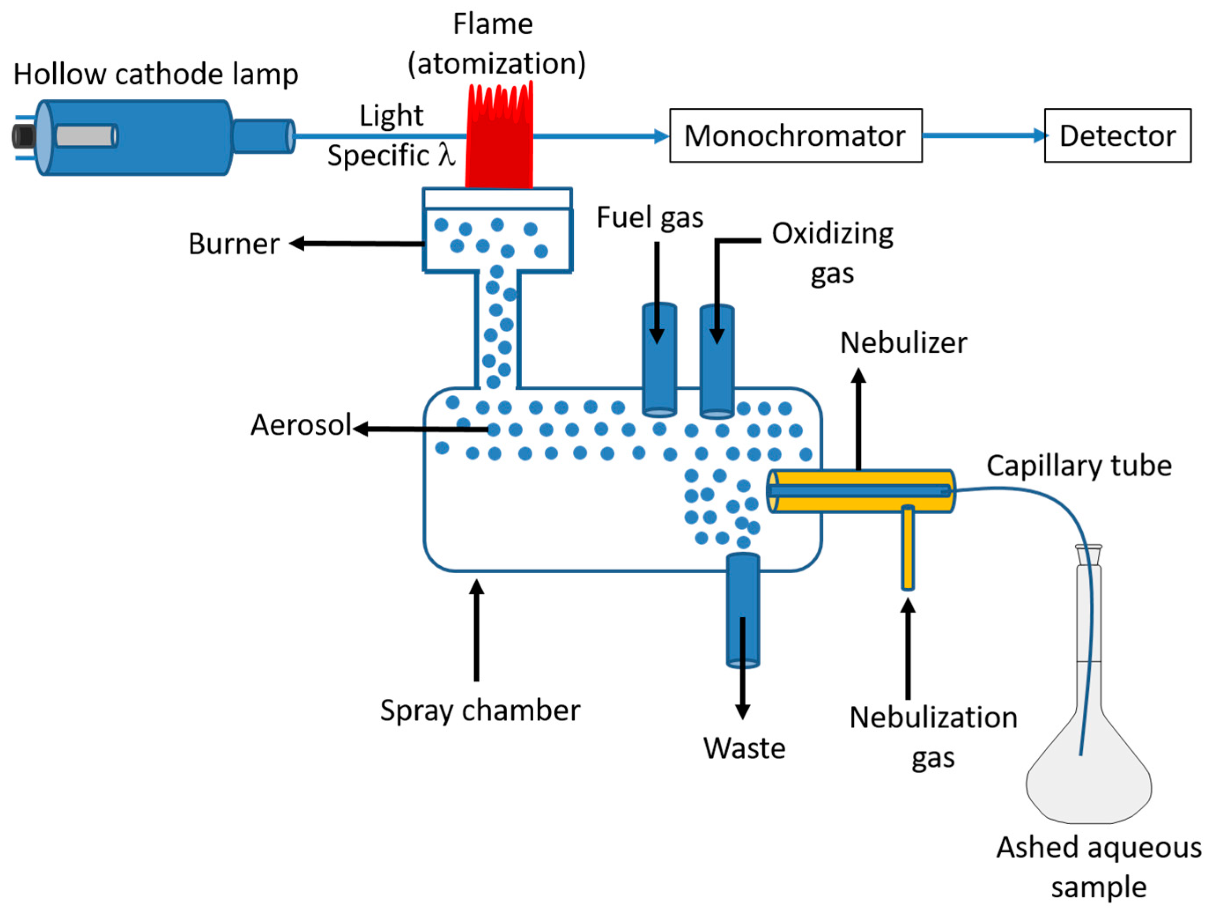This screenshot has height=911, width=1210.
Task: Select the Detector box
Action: pyautogui.click(x=1117, y=136)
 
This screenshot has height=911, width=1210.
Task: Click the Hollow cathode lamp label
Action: pyautogui.click(x=156, y=74)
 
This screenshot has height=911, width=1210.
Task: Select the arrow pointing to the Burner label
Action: pyautogui.click(x=356, y=243)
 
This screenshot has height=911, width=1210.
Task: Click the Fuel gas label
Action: pyautogui.click(x=649, y=218)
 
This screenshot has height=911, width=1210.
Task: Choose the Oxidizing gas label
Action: pyautogui.click(x=832, y=252)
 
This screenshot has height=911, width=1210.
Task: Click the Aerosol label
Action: pyautogui.click(x=300, y=425)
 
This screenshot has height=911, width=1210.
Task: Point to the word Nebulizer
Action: pyautogui.click(x=903, y=343)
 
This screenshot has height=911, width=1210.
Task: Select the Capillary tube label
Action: pyautogui.click(x=1079, y=466)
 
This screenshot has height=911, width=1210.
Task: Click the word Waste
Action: pyautogui.click(x=744, y=749)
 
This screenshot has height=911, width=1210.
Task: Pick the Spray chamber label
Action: pyautogui.click(x=480, y=711)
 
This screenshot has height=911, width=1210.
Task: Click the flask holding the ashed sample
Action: pyautogui.click(x=1088, y=766)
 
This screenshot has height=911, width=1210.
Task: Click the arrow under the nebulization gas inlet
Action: pyautogui.click(x=907, y=649)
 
